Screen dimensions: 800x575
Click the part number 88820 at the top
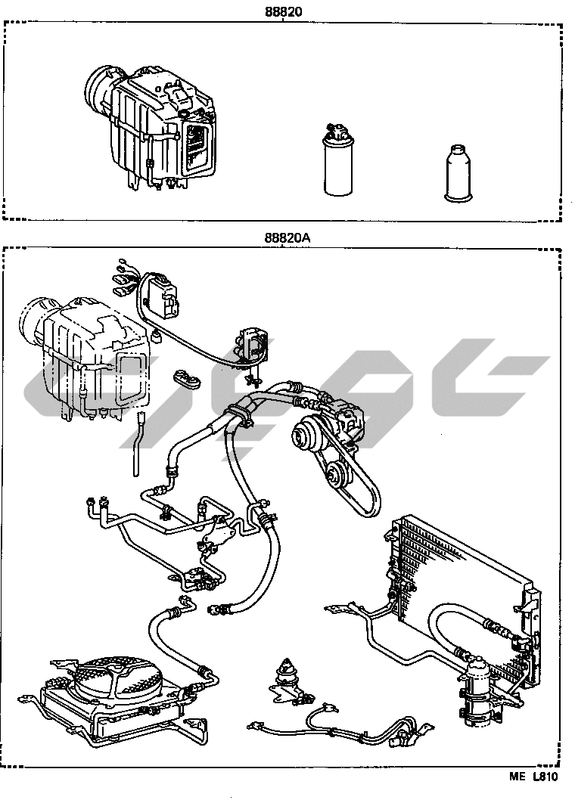(x=281, y=13)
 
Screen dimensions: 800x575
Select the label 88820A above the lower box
(x=287, y=237)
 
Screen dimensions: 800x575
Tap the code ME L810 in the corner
(x=533, y=776)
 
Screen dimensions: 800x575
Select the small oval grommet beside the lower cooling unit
(x=185, y=378)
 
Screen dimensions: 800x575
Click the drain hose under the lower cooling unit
(x=137, y=446)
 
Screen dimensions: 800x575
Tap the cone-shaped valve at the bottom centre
(x=287, y=670)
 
